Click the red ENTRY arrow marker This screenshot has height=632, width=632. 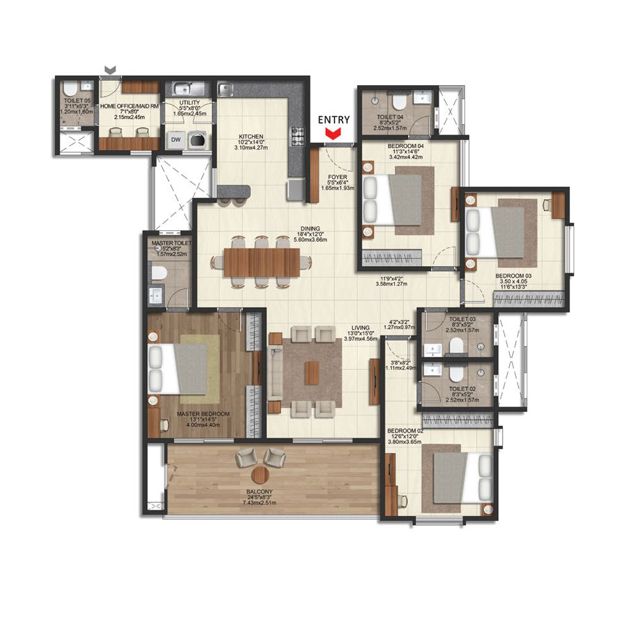tap(334, 132)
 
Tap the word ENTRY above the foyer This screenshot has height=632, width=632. tap(334, 120)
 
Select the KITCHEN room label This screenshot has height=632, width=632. tap(252, 136)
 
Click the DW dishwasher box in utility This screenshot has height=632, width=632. tap(176, 139)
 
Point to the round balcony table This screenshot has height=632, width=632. tap(261, 475)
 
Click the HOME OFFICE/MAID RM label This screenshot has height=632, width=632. tap(130, 106)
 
